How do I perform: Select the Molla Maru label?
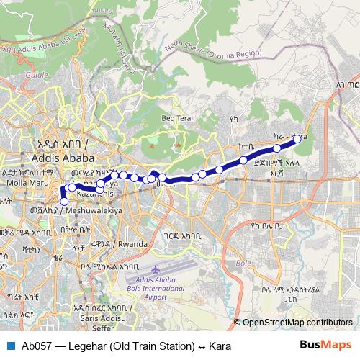21,184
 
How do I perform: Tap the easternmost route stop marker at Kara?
297,138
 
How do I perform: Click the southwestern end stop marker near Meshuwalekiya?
63,202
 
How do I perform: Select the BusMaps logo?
325,346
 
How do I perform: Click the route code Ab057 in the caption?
36,346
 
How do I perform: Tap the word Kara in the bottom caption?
220,346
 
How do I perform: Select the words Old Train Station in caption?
156,346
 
